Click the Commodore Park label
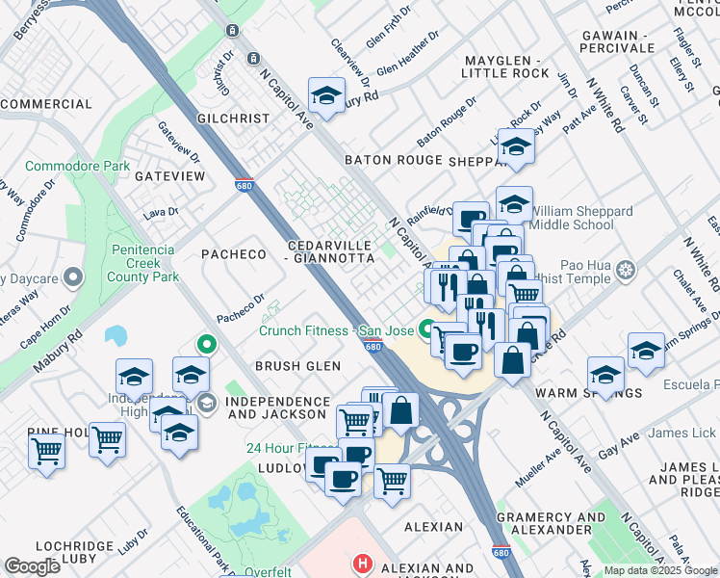[77, 167]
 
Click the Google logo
[32, 566]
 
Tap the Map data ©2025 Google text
[660, 570]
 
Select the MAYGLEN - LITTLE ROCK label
[504, 66]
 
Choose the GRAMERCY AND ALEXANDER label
[551, 523]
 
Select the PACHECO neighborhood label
[233, 254]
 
